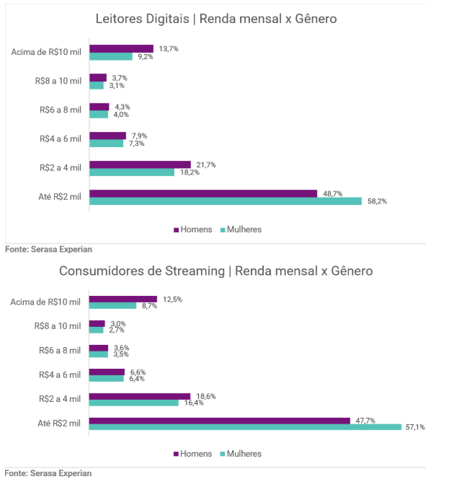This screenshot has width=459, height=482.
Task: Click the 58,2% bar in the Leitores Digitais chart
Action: click(x=225, y=201)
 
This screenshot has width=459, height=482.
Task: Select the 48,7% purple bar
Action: click(x=203, y=193)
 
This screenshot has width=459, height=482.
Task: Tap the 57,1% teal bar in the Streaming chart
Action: click(x=245, y=427)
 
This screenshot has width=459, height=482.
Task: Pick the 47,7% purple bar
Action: click(x=219, y=420)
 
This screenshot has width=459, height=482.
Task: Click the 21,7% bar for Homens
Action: click(x=140, y=165)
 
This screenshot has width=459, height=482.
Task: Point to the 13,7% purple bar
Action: click(x=121, y=49)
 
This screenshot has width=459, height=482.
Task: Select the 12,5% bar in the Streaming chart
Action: click(x=122, y=299)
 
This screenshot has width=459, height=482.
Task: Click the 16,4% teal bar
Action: click(x=134, y=403)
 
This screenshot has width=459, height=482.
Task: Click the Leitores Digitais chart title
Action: click(x=216, y=19)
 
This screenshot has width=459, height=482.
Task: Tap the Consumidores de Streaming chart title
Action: click(x=216, y=271)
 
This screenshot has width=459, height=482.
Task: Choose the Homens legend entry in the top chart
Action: click(x=193, y=229)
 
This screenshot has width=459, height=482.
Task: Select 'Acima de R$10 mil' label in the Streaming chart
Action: click(x=46, y=302)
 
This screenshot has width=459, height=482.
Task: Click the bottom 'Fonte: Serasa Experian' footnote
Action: click(x=48, y=473)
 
